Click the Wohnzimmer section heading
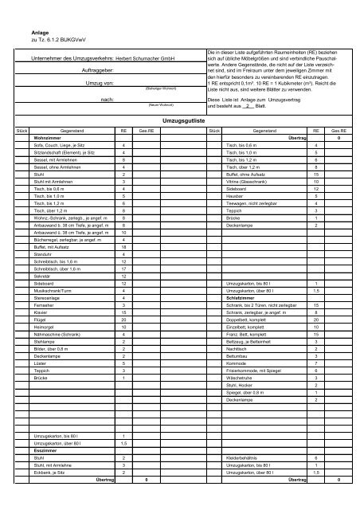(x=48, y=138)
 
